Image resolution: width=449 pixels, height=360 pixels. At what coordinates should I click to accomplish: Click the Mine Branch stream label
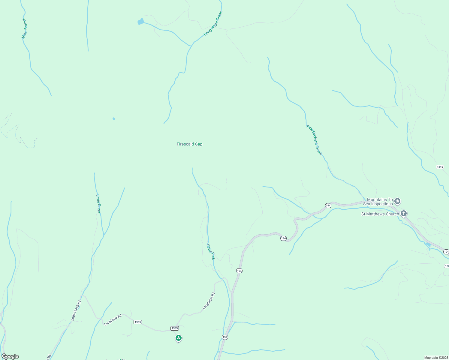pos(24,28)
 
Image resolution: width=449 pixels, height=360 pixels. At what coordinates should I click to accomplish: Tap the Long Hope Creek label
pos(213,23)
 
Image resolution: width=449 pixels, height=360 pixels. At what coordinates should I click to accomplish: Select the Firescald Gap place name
pos(189,144)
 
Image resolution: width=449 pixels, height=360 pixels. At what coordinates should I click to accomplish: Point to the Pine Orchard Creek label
pos(314,140)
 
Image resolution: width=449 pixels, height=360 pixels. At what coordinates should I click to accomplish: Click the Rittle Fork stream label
pos(211,252)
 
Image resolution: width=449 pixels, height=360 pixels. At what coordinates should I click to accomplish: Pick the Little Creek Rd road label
pos(76,310)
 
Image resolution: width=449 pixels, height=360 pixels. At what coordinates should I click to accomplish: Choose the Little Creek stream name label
pos(99,204)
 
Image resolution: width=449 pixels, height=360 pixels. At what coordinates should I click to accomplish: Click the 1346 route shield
pos(440,167)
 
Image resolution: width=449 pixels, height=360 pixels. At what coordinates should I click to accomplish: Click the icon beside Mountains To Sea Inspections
pos(398,201)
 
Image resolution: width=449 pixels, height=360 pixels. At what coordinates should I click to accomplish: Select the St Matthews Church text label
pos(380,214)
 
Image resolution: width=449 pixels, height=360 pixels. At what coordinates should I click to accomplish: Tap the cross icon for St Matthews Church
pos(404,214)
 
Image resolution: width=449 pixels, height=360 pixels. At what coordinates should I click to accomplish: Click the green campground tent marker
pos(179,338)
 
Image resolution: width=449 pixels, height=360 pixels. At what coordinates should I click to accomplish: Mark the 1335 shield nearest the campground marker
pos(175,328)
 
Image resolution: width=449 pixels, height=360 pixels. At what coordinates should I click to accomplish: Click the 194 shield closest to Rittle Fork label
pos(239,271)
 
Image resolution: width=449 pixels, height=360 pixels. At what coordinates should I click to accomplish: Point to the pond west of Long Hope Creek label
pos(140,22)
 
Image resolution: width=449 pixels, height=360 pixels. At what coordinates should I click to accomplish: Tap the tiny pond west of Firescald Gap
pos(114,119)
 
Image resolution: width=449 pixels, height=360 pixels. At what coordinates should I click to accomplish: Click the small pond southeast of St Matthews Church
pos(428,244)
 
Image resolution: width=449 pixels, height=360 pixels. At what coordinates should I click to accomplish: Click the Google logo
pos(10,356)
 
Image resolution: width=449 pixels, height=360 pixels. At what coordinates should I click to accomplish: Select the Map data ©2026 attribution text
pos(436,358)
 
